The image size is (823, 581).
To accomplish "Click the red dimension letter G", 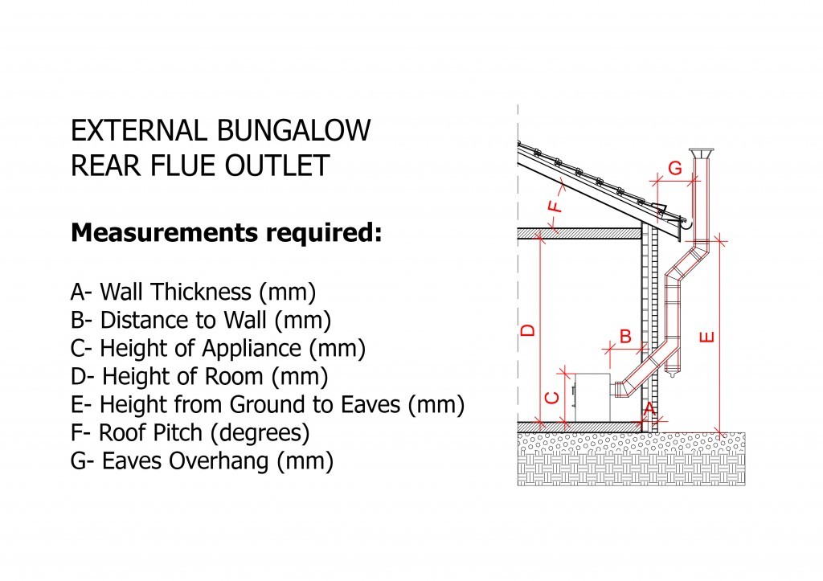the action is (675, 168).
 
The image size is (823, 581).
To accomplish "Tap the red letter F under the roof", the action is (555, 203).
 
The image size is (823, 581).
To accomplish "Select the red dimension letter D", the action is (528, 330).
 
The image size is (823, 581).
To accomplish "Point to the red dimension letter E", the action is (707, 337).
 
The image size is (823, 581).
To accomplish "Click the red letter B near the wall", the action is (625, 337).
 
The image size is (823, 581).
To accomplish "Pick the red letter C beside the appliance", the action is (552, 397).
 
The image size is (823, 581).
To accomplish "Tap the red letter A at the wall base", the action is (649, 408).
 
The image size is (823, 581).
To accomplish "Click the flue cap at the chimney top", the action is (700, 153).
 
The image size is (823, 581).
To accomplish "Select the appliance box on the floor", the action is (592, 397).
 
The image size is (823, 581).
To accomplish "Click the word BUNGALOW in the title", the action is (293, 130).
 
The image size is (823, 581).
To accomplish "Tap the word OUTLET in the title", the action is (277, 166).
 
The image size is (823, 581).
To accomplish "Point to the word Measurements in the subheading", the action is (164, 232).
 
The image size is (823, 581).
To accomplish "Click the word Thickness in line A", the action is (201, 292).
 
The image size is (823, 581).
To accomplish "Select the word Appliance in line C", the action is (252, 349).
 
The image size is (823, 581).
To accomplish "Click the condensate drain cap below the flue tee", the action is (673, 372).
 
